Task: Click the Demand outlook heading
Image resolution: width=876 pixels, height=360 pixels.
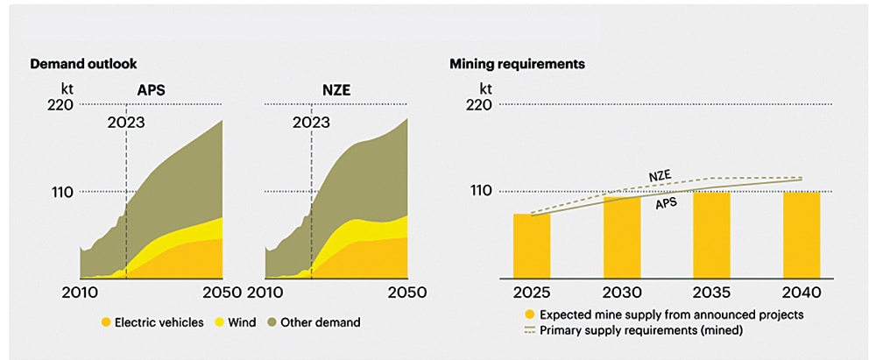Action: (84, 65)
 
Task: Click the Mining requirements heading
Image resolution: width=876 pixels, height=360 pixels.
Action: (517, 65)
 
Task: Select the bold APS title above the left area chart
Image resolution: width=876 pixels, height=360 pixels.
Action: (152, 89)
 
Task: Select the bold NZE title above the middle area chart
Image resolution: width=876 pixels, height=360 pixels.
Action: (336, 89)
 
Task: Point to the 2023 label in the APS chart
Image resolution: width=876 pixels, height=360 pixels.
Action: (126, 123)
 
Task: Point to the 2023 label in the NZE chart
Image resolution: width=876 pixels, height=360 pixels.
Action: (311, 123)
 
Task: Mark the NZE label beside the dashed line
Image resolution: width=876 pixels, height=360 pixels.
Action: (660, 175)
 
